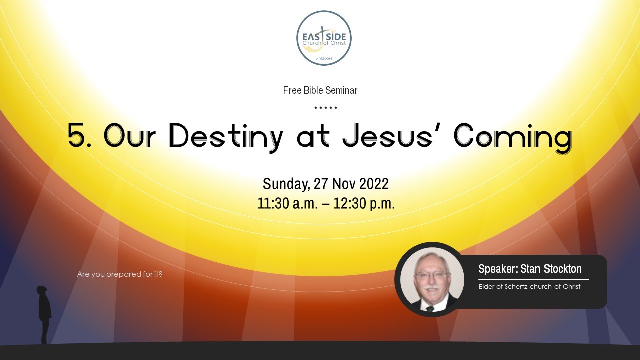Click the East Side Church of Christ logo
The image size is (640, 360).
pyautogui.click(x=324, y=38)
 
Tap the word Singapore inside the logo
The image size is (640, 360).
pyautogui.click(x=324, y=58)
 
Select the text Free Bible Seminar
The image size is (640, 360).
pyautogui.click(x=320, y=90)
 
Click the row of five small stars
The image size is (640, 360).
pyautogui.click(x=326, y=108)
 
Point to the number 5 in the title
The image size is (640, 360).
pyautogui.click(x=77, y=135)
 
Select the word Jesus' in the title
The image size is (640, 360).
pyautogui.click(x=391, y=135)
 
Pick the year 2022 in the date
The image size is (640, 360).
pyautogui.click(x=370, y=184)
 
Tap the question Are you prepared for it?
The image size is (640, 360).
pyautogui.click(x=120, y=274)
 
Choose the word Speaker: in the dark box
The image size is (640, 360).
pyautogui.click(x=498, y=269)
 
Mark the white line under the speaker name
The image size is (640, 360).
pyautogui.click(x=533, y=279)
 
